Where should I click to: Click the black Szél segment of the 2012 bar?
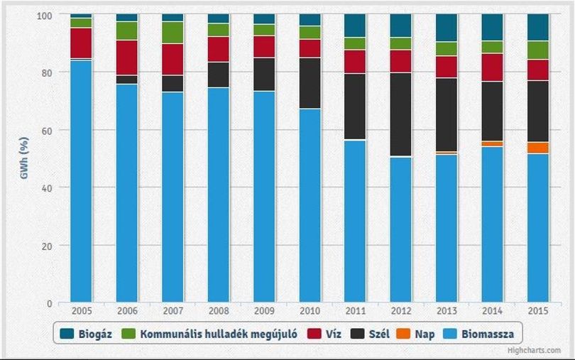[401, 114]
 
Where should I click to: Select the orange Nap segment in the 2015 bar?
[538, 148]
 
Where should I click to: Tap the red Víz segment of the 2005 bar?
[81, 43]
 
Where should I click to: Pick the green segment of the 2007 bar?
[172, 32]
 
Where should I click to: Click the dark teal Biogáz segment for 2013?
[447, 28]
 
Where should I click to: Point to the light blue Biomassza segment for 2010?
[310, 205]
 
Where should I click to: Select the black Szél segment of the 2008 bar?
[219, 75]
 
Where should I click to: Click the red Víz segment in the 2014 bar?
[493, 67]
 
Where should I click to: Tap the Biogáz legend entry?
[85, 334]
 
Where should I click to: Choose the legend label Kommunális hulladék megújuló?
[219, 334]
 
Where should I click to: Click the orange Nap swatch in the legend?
[403, 334]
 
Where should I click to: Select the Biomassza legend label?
[488, 334]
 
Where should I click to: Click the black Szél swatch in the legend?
[358, 334]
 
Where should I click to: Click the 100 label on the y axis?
[45, 16]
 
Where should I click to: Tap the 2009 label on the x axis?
[264, 311]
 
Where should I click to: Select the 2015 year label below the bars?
[538, 311]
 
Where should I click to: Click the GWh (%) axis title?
[24, 158]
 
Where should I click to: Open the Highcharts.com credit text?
[534, 351]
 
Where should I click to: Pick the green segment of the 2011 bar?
[355, 43]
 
